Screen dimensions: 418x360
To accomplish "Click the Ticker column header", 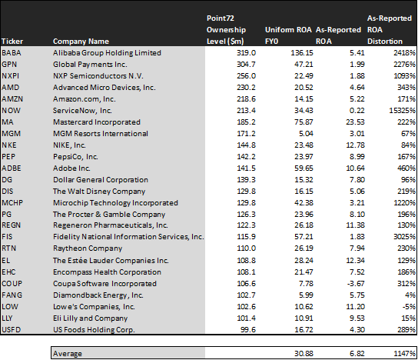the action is [x=12, y=42].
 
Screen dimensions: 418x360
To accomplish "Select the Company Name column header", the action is [x=81, y=42].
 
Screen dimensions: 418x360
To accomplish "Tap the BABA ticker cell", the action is [x=12, y=53].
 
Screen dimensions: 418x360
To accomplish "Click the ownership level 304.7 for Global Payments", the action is [x=246, y=65].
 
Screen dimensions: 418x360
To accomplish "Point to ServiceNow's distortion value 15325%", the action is [x=402, y=111].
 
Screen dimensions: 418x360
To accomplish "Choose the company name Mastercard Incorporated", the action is [x=97, y=122].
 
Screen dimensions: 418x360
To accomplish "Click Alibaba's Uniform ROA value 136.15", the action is [x=302, y=53].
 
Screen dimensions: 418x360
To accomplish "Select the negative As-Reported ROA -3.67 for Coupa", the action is [x=356, y=283].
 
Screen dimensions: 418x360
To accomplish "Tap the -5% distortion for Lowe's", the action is [x=409, y=307].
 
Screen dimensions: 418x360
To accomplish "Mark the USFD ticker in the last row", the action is [x=12, y=330].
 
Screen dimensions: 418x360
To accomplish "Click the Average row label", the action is [x=67, y=354].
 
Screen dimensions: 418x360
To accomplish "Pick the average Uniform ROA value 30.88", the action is [x=304, y=354].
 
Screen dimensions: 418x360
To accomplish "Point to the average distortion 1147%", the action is [x=404, y=354].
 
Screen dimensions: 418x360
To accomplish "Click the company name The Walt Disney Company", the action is [x=99, y=192].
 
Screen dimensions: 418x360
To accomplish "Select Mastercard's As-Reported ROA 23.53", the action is [x=355, y=122].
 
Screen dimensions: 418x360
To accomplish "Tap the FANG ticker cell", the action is [x=12, y=295].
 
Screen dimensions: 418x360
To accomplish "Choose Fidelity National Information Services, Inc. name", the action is [x=128, y=237].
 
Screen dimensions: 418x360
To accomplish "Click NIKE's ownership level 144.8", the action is [x=246, y=145].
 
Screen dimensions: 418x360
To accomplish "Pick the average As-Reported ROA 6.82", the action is [x=357, y=354].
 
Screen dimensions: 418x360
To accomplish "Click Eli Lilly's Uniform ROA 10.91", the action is [x=304, y=318].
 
